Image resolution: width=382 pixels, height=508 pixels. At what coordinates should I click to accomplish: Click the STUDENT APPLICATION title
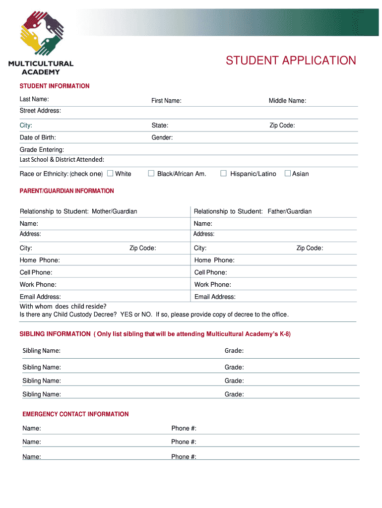[291, 61]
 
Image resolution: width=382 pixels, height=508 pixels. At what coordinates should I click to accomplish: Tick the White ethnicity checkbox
[111, 173]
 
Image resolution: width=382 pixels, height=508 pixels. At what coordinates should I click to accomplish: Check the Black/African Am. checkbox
[151, 173]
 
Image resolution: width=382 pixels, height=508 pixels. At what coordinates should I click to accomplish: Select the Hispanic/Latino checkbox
[223, 173]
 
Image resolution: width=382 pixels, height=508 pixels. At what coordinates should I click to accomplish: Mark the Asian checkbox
[287, 173]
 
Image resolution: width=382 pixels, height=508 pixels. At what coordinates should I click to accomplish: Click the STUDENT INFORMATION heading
[55, 86]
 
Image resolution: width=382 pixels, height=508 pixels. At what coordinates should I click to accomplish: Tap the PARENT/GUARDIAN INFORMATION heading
[66, 191]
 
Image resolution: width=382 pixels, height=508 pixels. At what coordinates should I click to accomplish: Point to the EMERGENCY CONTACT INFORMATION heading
[75, 414]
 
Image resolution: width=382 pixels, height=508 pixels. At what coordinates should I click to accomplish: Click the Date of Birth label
[38, 137]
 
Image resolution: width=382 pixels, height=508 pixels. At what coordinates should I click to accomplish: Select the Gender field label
[162, 137]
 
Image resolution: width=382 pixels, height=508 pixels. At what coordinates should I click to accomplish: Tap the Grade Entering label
[42, 150]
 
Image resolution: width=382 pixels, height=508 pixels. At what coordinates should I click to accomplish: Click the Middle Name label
[287, 101]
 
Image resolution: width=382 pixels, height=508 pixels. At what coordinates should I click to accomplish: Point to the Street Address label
[40, 111]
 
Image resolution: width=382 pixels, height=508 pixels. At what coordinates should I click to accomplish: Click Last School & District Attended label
[62, 160]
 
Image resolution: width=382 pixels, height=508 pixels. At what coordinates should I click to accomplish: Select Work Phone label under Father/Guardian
[212, 285]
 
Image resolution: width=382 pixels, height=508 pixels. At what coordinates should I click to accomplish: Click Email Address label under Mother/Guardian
[40, 297]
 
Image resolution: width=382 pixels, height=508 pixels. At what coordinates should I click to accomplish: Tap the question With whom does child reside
[63, 306]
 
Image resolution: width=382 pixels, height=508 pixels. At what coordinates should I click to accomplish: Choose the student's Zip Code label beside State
[282, 126]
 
